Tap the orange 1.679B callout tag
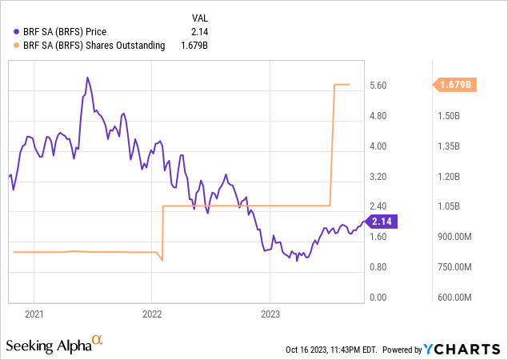point(454,84)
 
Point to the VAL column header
point(201,17)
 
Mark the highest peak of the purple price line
point(87,78)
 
